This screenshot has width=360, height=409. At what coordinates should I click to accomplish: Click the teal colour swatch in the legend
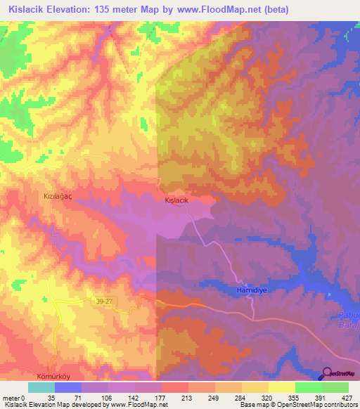[41, 387]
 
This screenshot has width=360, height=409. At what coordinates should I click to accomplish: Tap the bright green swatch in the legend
[308, 387]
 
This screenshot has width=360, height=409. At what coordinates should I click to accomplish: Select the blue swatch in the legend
[68, 387]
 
